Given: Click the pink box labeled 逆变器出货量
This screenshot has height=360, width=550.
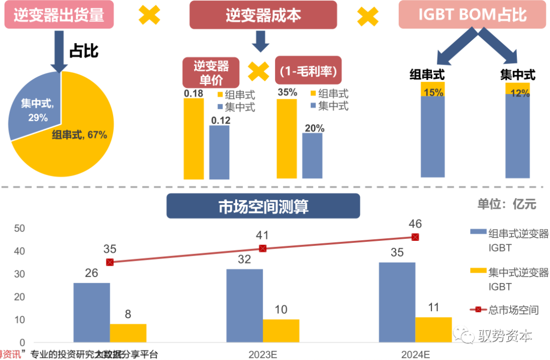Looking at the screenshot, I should click(x=59, y=15).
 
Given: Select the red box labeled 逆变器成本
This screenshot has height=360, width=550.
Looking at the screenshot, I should click(x=263, y=15).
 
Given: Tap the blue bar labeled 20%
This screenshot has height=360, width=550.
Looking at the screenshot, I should click(x=312, y=155).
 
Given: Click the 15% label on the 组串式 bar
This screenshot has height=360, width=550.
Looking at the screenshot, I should click(x=433, y=93).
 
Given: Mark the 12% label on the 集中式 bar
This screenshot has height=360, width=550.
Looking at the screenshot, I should click(x=517, y=93).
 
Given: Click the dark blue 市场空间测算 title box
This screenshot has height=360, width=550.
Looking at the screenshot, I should click(x=263, y=207).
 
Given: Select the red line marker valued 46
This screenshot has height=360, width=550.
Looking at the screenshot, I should click(x=415, y=237).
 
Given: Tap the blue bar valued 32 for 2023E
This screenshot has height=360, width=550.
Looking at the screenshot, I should click(x=244, y=306).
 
